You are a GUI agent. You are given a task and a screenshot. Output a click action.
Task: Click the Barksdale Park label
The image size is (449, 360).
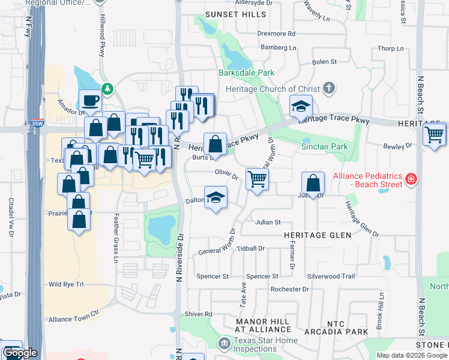point(250,73)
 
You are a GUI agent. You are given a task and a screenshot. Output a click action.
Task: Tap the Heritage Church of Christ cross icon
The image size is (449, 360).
point(328,89)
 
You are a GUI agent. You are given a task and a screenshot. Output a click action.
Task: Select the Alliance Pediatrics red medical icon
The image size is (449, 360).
point(411,179)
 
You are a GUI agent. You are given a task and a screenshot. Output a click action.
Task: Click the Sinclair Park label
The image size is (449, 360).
point(325,146)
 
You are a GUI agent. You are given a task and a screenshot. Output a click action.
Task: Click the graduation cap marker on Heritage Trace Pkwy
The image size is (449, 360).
point(301,107)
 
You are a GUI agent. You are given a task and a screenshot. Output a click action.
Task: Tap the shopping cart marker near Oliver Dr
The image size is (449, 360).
point(257,178)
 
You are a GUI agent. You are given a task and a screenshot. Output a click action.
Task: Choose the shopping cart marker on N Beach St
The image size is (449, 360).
point(434,133)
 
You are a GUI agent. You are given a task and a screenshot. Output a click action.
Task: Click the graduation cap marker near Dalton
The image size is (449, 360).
point(215,197)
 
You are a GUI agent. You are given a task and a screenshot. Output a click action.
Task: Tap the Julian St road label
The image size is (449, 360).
point(268,222)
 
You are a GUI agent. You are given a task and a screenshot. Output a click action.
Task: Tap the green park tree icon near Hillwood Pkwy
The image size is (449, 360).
point(107,89)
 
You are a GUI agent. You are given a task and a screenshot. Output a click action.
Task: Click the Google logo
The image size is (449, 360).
point(20,353)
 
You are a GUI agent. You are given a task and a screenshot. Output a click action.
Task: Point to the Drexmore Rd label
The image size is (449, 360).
point(277,34)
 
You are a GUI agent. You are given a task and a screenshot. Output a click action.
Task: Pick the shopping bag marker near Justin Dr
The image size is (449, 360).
point(313,182)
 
